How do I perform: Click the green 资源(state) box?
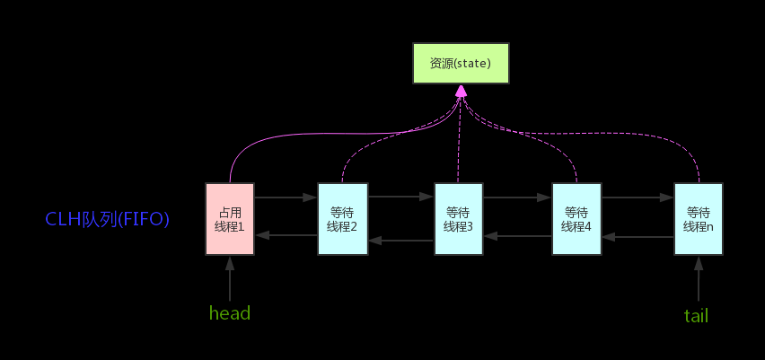(x=461, y=64)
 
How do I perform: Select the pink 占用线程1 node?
(x=230, y=219)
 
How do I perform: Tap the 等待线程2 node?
(x=342, y=219)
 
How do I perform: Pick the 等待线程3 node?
(x=458, y=219)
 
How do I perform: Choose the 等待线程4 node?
(x=576, y=219)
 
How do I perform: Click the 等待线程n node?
(x=698, y=219)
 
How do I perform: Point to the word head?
(x=229, y=313)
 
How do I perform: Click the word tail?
(x=696, y=315)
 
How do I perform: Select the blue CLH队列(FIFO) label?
(x=108, y=219)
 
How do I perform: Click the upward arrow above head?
(x=230, y=279)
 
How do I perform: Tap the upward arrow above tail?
(x=698, y=279)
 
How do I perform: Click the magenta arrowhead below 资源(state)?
(x=461, y=91)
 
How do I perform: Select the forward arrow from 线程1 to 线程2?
(x=286, y=195)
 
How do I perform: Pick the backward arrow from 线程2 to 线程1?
(x=286, y=235)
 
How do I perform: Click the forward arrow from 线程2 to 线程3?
(x=400, y=195)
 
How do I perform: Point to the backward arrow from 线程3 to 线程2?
(x=400, y=241)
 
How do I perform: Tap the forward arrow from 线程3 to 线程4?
(x=517, y=196)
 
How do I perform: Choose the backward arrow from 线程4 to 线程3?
(x=517, y=236)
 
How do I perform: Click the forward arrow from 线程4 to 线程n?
(x=637, y=196)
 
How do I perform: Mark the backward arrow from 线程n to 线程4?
(x=637, y=237)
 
